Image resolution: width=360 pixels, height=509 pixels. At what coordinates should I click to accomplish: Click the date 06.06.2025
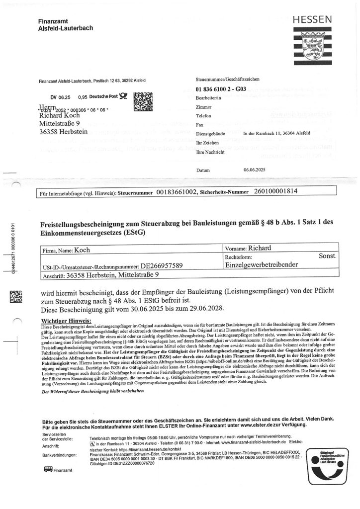coord(256,170)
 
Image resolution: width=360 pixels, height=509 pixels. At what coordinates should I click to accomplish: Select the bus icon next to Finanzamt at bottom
coord(48,469)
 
